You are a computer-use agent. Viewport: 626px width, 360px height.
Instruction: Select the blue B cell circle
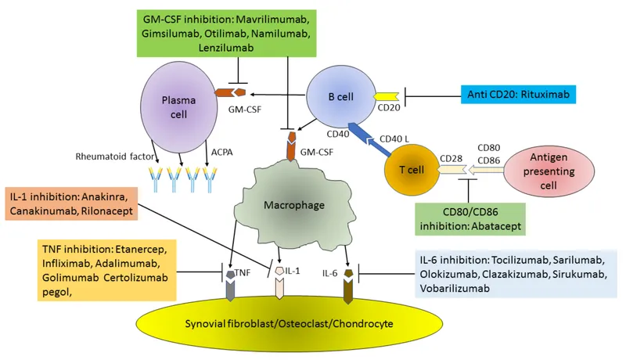click(340, 97)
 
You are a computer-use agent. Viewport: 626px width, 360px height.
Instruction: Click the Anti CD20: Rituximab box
click(517, 95)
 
